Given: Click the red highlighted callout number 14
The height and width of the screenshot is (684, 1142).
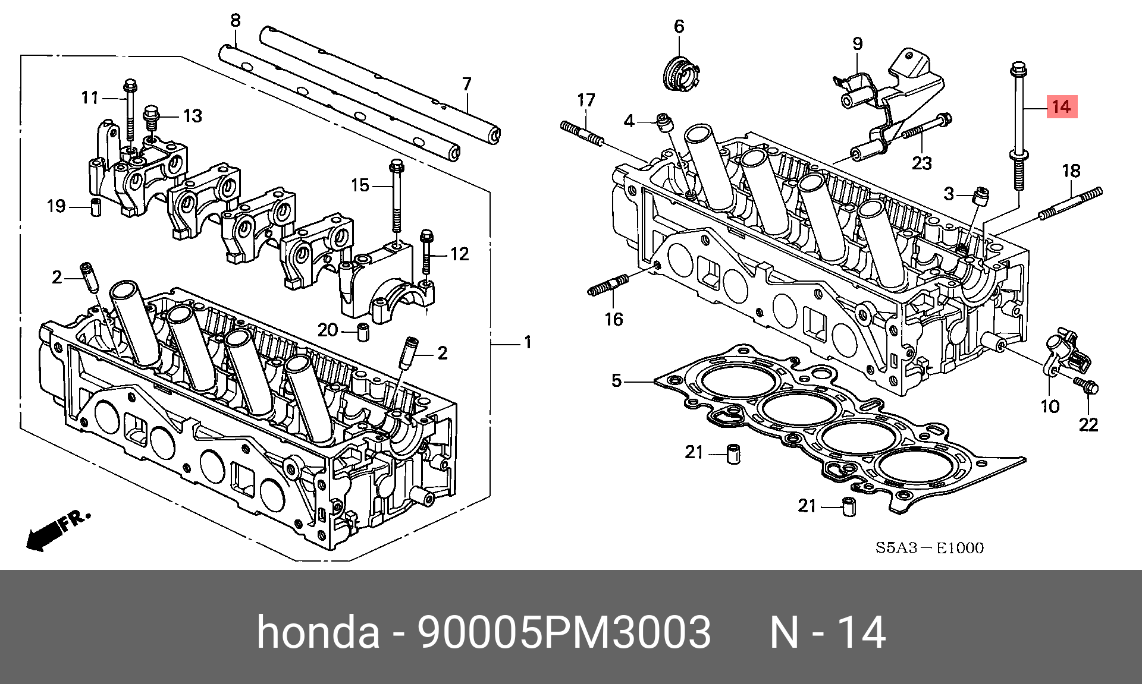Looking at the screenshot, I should [1061, 108].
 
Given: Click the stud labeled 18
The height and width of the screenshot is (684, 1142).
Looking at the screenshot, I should [1071, 203].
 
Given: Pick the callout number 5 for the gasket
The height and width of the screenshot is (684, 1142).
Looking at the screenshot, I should [616, 380].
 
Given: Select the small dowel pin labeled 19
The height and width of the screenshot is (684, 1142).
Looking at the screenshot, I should [96, 209].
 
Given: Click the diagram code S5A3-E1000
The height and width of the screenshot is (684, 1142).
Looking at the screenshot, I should [929, 547].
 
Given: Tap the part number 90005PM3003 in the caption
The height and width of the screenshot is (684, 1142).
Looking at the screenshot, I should [564, 632].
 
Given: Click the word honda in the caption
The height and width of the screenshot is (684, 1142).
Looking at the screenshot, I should [318, 632].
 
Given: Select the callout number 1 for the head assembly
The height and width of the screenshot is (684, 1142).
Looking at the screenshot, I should [526, 343].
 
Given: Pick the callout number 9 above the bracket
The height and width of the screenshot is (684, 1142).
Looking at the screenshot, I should [857, 43].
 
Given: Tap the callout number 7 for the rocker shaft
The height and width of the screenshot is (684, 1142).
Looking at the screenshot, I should [466, 84].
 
